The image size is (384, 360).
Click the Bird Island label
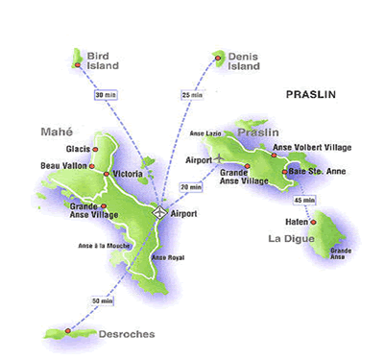[102, 60]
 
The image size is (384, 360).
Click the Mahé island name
[58, 131]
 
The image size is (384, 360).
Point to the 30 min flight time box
[106, 95]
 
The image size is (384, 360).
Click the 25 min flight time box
[192, 95]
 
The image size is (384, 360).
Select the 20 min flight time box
[191, 186]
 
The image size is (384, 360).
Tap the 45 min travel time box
[304, 199]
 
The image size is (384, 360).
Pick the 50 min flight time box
[101, 300]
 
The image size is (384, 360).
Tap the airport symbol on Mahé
[159, 212]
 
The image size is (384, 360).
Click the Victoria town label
[128, 173]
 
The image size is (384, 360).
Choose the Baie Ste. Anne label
[318, 171]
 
